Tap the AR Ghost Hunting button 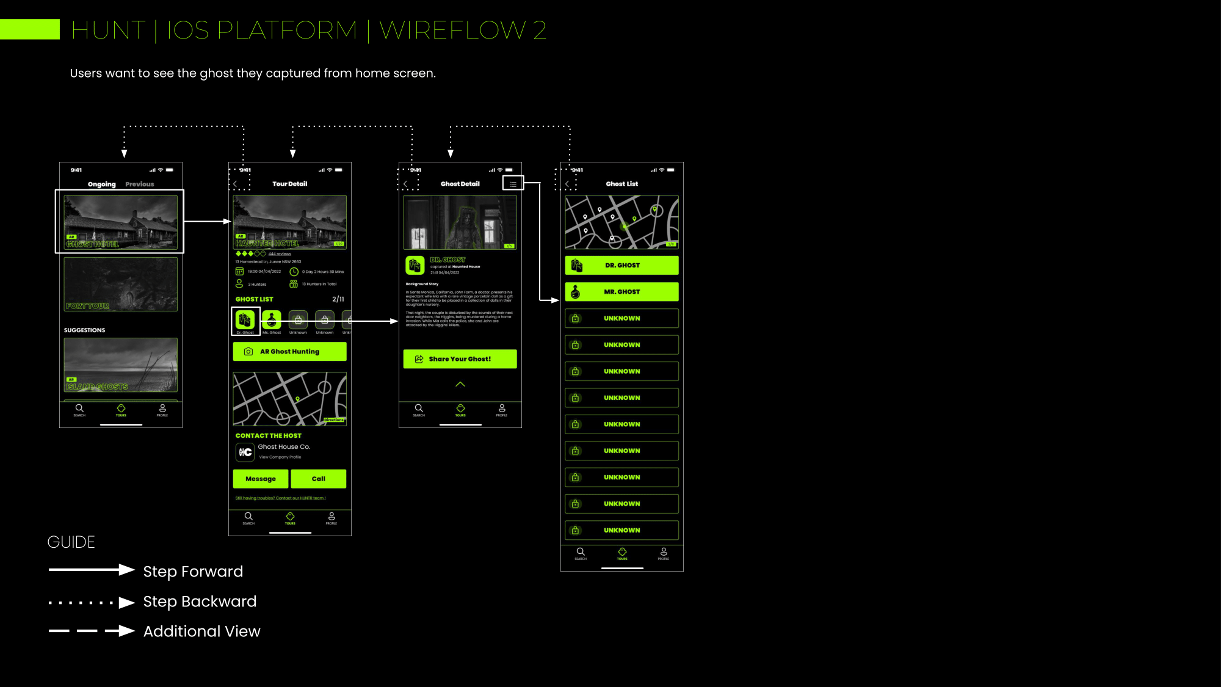click(x=289, y=352)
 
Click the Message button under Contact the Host click(x=261, y=479)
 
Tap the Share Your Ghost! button click(x=460, y=359)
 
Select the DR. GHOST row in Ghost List click(x=621, y=266)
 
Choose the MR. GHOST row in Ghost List click(x=621, y=292)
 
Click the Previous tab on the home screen click(x=140, y=184)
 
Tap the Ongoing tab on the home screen click(x=101, y=184)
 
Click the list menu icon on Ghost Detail click(x=513, y=184)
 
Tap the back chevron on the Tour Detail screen click(x=235, y=184)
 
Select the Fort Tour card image click(x=121, y=284)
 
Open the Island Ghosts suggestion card click(x=121, y=365)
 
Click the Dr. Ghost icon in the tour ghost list click(x=245, y=319)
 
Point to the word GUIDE click(x=71, y=542)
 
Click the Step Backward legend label click(x=200, y=602)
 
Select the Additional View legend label click(x=201, y=631)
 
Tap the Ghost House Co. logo click(x=245, y=452)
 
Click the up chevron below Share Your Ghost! click(x=460, y=384)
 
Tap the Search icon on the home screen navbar click(x=79, y=409)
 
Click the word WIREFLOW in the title click(x=452, y=31)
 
